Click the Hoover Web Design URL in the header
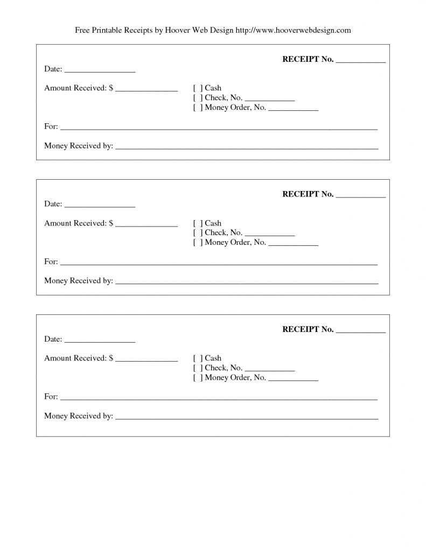[294, 30]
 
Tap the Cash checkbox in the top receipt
[198, 88]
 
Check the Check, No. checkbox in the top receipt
[198, 97]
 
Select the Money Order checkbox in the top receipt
[198, 107]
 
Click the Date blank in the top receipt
[100, 70]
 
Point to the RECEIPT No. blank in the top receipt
[360, 60]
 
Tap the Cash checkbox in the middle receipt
[198, 223]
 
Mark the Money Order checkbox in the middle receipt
[198, 242]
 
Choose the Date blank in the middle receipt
[100, 205]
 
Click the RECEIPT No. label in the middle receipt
[308, 194]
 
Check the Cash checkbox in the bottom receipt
[198, 358]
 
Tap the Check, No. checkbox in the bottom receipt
[198, 368]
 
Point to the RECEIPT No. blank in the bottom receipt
[360, 330]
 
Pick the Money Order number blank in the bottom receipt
[293, 379]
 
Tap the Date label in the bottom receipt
[53, 340]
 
